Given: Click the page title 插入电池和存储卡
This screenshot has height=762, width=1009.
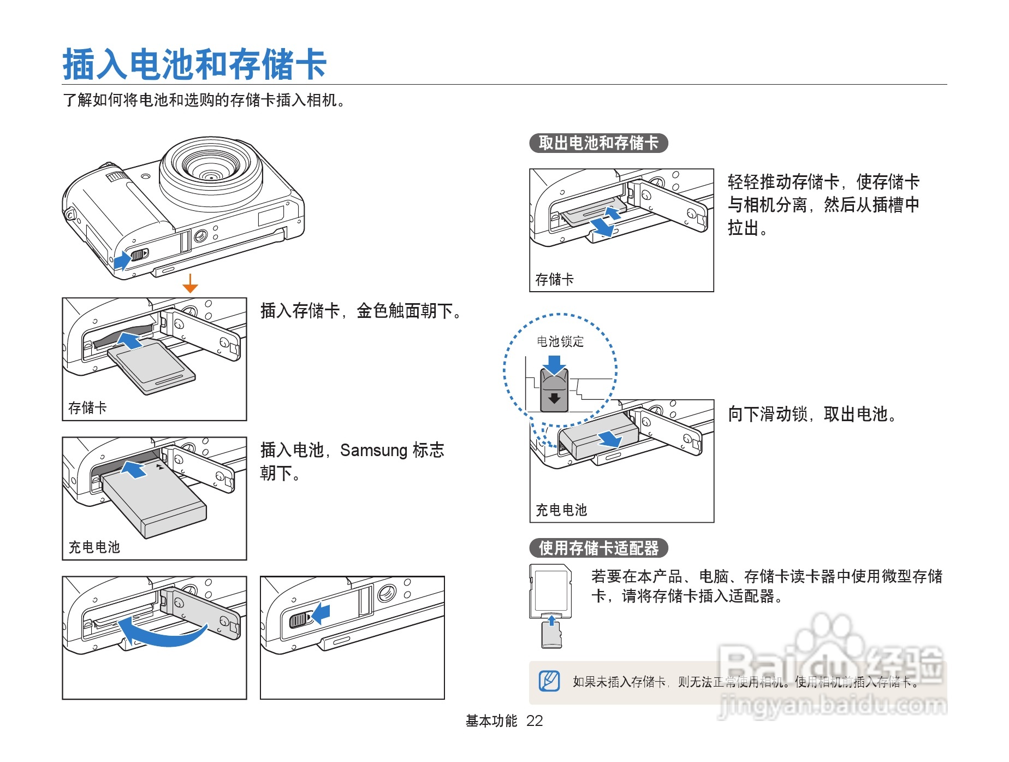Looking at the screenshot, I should (194, 64).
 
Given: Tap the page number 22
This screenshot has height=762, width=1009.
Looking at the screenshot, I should (534, 721).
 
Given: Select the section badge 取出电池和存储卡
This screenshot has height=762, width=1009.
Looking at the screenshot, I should (598, 143).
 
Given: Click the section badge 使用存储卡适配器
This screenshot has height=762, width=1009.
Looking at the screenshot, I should (598, 548).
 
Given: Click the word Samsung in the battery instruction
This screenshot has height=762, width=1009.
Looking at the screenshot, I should (373, 451).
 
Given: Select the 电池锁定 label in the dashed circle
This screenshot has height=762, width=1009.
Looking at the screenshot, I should (560, 342).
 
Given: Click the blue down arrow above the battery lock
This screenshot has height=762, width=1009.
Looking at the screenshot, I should (554, 364).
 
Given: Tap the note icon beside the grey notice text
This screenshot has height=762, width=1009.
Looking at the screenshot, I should (549, 681).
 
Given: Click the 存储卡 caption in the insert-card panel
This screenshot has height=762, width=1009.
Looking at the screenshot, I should (87, 408).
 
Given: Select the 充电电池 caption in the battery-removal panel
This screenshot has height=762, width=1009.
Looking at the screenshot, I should (561, 510).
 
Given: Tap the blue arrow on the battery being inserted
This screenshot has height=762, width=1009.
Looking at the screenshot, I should (133, 469).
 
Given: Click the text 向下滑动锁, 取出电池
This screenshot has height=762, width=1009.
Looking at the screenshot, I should (812, 415).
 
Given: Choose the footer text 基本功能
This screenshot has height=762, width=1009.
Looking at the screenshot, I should (491, 721).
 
